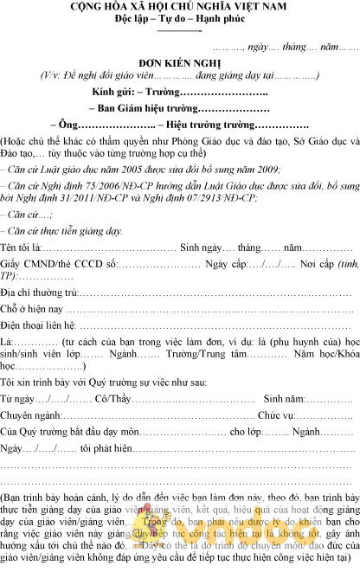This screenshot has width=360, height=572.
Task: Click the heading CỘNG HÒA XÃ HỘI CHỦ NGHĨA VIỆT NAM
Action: click(179, 7)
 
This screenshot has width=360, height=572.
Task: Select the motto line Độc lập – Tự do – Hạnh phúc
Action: click(179, 19)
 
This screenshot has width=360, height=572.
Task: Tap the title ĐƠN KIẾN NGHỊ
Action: click(179, 63)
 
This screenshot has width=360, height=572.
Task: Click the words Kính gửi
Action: click(123, 92)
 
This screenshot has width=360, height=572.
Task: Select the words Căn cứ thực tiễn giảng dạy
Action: click(64, 231)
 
